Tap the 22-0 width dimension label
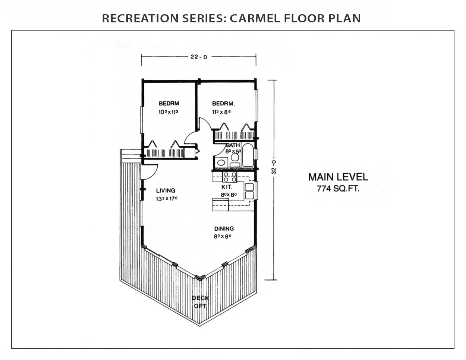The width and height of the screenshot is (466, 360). coord(199,57)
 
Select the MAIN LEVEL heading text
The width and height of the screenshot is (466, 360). coord(338,177)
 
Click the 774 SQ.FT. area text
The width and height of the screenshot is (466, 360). coord(338,189)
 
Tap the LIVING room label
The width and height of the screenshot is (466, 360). coord(166,190)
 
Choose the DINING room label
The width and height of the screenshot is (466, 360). coord(224,229)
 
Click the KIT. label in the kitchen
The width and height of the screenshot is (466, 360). coord(227,187)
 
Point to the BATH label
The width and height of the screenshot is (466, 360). coord(233,145)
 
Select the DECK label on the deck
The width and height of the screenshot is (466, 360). coord(200,298)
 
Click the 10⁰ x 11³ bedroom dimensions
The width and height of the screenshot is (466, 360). coord(169,112)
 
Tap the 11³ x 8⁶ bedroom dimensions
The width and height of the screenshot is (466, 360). coord(221,112)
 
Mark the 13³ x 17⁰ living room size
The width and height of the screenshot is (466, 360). coord(167,199)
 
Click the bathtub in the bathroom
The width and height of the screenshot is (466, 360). coord(248,155)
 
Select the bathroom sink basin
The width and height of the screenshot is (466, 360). coord(221,162)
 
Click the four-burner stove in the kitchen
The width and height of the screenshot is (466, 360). coord(230,177)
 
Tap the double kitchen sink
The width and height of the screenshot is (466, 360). coord(249,191)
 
